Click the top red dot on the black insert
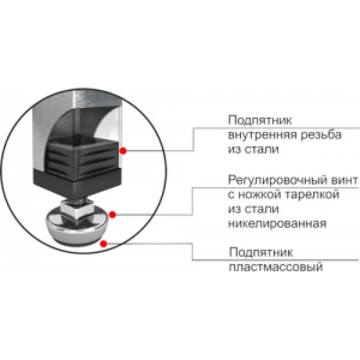pos(123,151)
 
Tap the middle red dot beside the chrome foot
pos(112,215)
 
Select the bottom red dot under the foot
pos(104,244)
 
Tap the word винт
pos(344,180)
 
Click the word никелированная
pos(277,223)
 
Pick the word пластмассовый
pos(276,267)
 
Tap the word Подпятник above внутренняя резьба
pos(260,121)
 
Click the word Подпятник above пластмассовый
pos(261,252)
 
